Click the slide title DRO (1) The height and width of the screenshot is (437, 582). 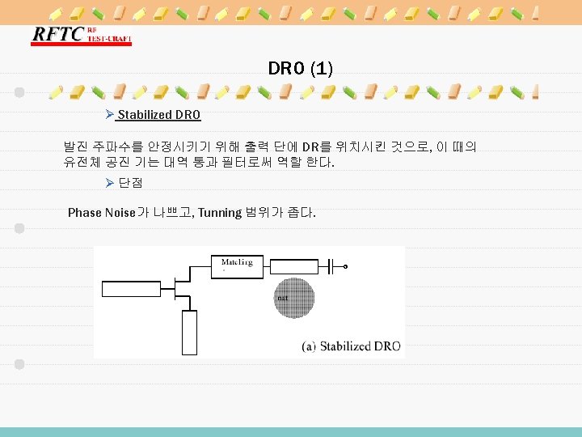point(300,69)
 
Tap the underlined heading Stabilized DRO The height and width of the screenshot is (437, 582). point(159,115)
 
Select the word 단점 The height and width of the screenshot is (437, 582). point(130,184)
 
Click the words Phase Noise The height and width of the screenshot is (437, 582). point(102,212)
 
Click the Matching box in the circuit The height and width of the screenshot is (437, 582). point(236,265)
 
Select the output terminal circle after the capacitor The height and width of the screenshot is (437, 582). point(346,266)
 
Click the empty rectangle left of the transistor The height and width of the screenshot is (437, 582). point(135,291)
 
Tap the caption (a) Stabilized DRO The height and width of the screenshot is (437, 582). point(351,346)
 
